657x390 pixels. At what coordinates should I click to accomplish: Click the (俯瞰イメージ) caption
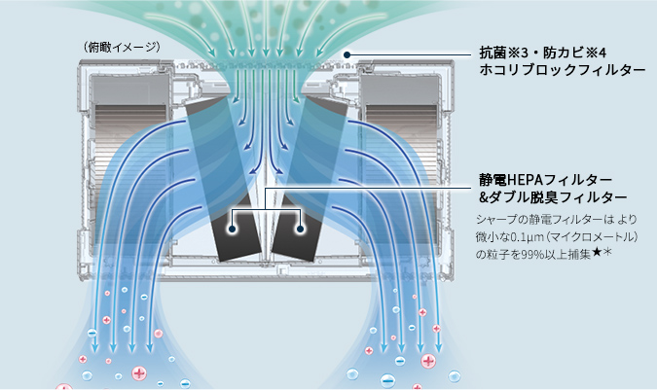[122, 46]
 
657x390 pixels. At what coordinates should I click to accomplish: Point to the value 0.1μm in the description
[514, 237]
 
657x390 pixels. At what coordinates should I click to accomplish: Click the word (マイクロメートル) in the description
[584, 237]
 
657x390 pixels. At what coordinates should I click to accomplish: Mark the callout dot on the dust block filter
[347, 54]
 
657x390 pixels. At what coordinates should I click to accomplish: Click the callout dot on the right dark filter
[302, 229]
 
